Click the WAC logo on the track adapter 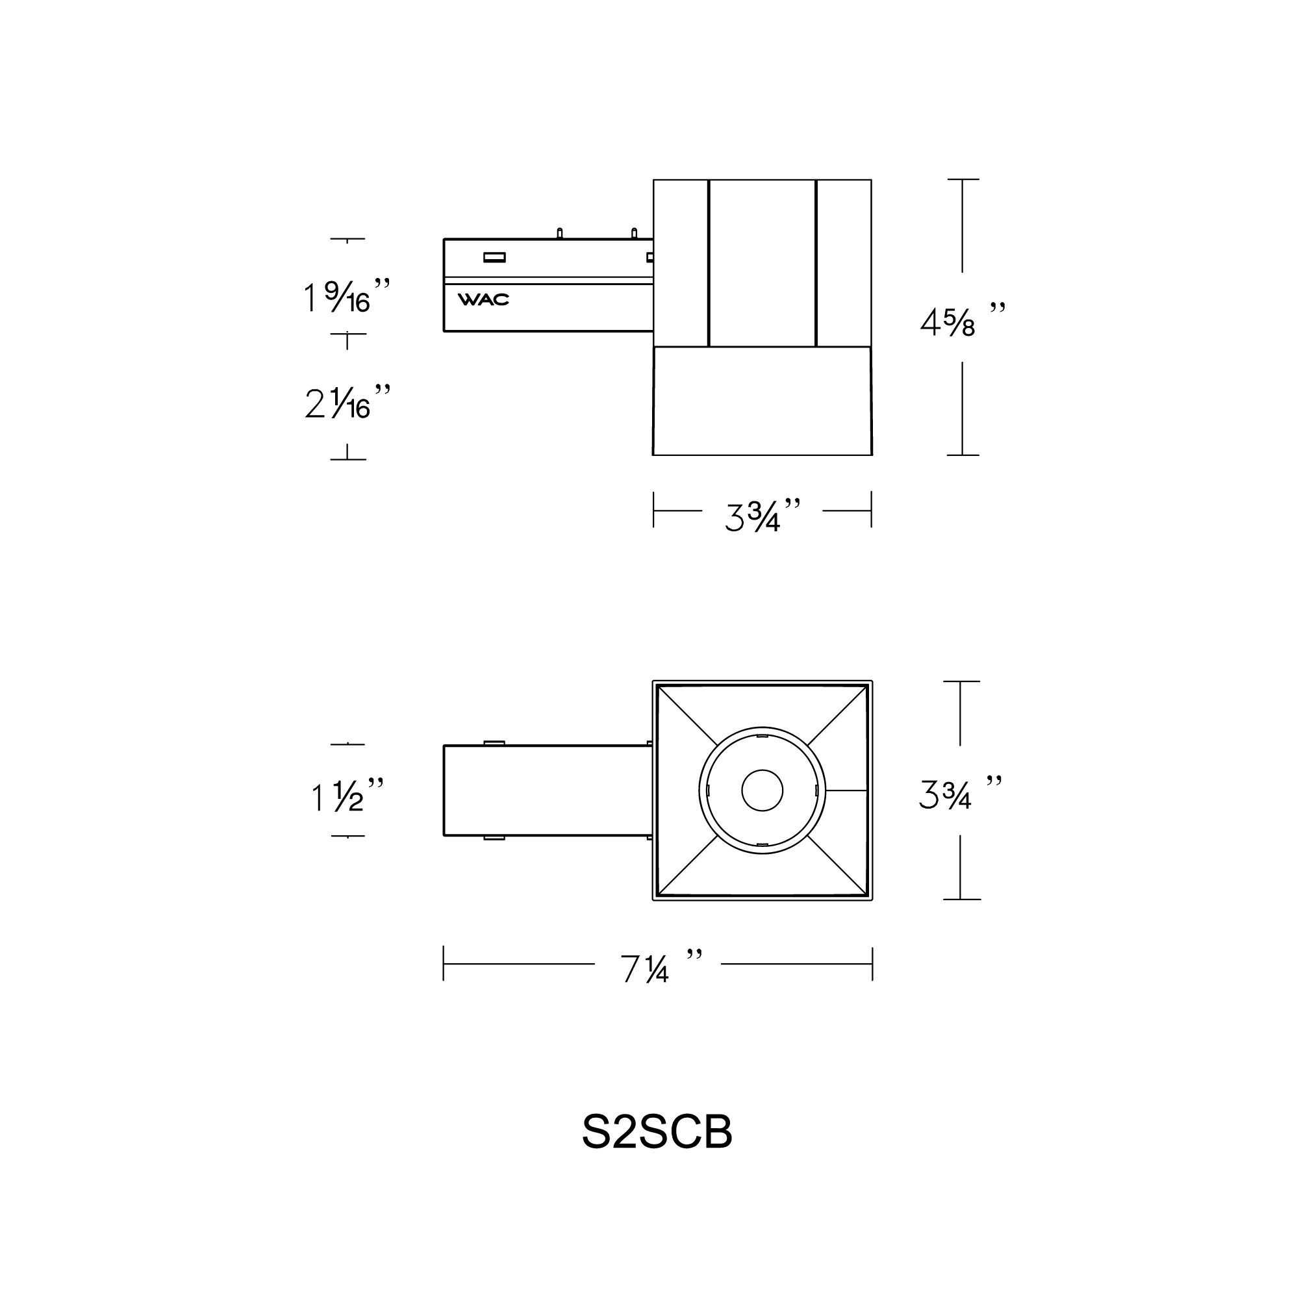[x=483, y=300]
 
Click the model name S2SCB [x=657, y=1132]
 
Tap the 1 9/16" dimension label [x=347, y=297]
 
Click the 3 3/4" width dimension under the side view [x=763, y=516]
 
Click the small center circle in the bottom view [x=763, y=790]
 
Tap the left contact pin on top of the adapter [x=559, y=233]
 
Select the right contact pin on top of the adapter [x=634, y=233]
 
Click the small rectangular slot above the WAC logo [x=494, y=257]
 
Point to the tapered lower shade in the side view [x=763, y=401]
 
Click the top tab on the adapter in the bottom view [x=494, y=742]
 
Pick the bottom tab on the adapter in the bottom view [x=494, y=838]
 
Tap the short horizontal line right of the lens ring [x=846, y=790]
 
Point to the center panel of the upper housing [x=763, y=263]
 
